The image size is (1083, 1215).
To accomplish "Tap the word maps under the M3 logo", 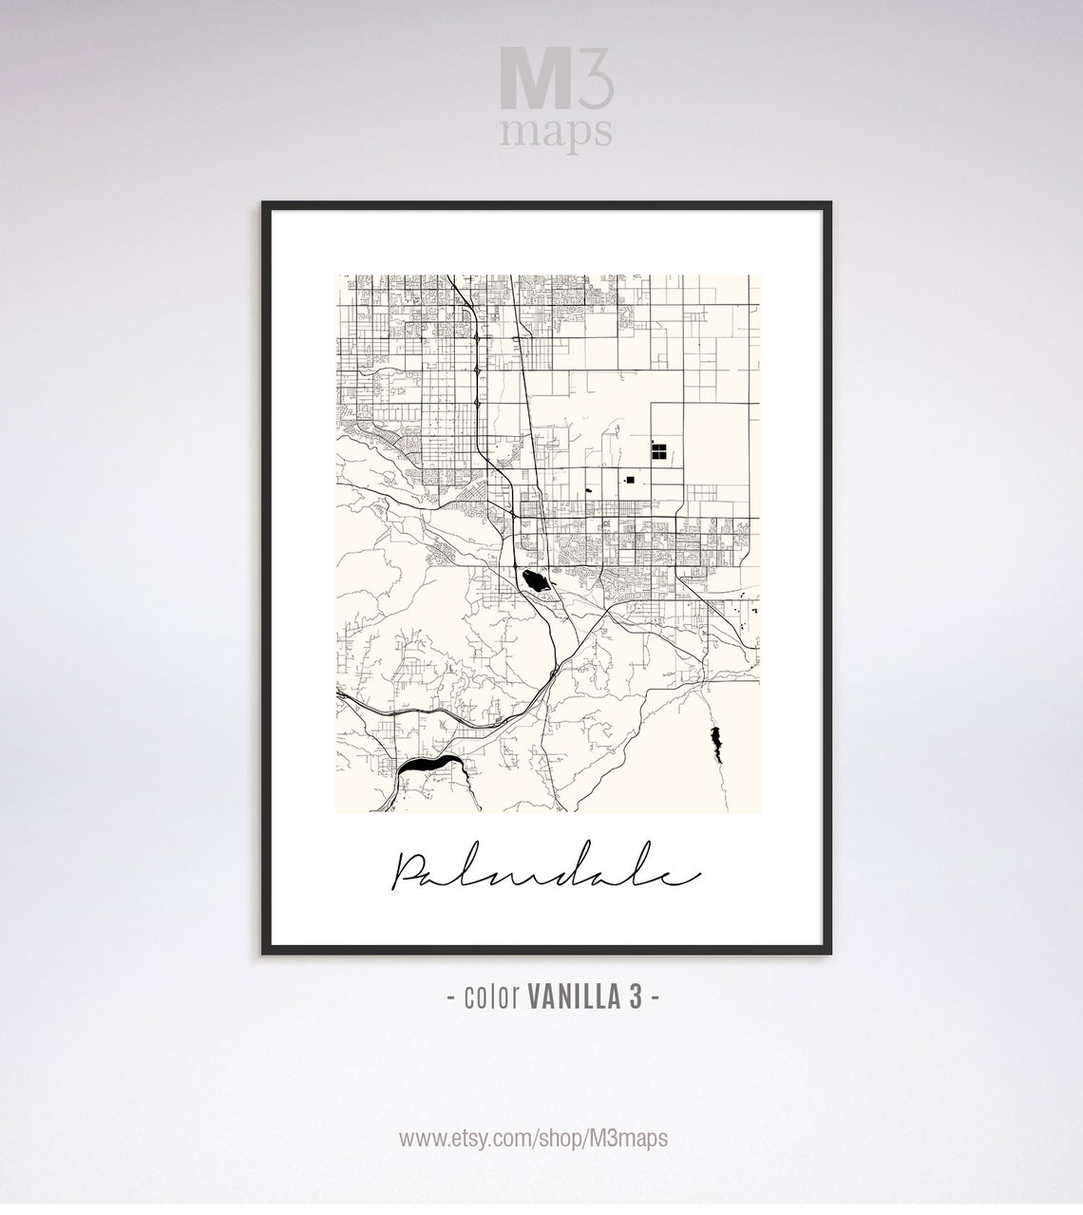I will click(x=556, y=132).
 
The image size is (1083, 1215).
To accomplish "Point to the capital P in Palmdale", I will click(x=410, y=872).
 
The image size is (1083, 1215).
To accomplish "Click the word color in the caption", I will click(x=490, y=997).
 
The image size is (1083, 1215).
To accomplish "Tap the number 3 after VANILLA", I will click(x=636, y=997).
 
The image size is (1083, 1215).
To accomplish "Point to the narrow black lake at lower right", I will click(x=715, y=741).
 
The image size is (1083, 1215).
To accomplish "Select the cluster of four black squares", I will click(x=657, y=450).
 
